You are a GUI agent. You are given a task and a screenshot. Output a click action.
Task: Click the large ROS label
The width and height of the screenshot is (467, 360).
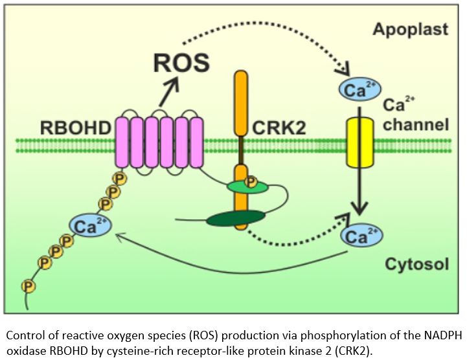pos(181,63)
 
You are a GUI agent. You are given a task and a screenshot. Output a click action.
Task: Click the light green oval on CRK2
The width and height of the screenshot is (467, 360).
pos(247,187)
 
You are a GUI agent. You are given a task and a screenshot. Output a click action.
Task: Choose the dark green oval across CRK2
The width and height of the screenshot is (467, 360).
pos(235,219)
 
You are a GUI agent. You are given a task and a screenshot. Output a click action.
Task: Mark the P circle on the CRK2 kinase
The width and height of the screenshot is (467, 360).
pos(249,180)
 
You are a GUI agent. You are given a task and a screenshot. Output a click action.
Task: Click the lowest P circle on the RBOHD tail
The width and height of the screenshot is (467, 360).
pos(27,284)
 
